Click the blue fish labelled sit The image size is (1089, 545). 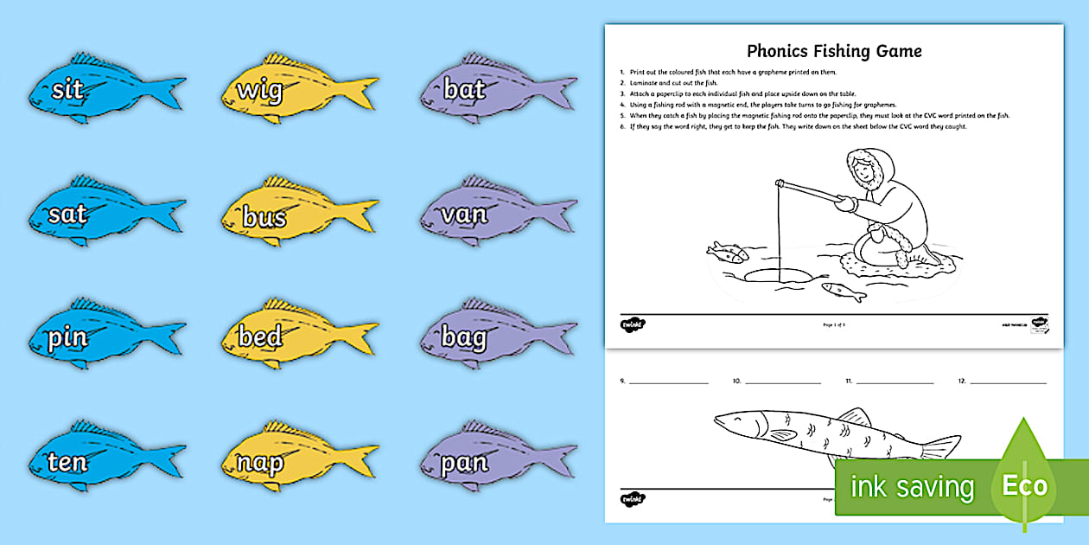point(104,89)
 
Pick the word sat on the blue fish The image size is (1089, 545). point(68,215)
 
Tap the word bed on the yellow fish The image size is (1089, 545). point(260,337)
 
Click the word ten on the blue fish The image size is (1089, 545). point(67,462)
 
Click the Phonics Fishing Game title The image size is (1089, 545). point(834,51)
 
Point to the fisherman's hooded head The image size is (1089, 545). point(864,169)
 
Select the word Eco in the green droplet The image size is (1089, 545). point(1024,484)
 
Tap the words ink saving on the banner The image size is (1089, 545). point(912,486)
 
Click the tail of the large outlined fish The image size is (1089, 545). point(942,447)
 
